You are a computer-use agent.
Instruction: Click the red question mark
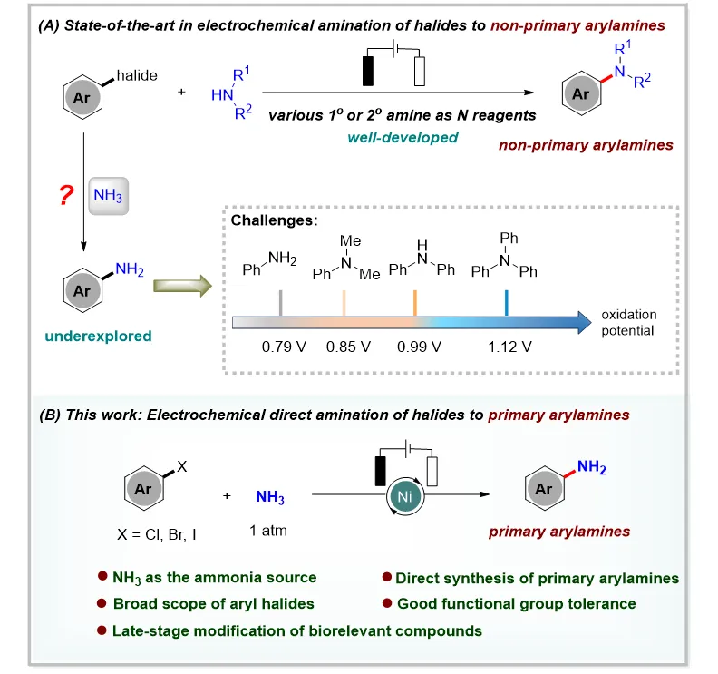coord(66,195)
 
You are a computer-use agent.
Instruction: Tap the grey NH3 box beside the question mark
coord(108,196)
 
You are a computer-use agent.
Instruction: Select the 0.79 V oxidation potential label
coord(284,347)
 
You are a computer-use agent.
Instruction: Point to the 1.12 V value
coord(509,347)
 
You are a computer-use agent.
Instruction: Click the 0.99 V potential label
coord(419,347)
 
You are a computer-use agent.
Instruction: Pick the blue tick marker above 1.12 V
coord(507,303)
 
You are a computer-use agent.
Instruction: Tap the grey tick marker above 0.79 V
coord(281,303)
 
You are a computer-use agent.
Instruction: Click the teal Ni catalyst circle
coord(405,496)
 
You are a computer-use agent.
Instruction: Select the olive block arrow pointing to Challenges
coord(182,286)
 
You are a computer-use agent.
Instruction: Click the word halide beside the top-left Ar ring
coord(137,75)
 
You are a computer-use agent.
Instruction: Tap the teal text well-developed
coord(403,138)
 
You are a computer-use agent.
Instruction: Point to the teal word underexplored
coord(98,336)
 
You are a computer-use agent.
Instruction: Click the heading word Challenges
coord(274,220)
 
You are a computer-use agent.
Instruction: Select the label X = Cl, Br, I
coord(157,534)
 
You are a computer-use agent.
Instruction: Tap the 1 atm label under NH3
coord(267,531)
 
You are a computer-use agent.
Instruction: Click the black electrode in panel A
coord(368,71)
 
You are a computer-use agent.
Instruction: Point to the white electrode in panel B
coord(432,472)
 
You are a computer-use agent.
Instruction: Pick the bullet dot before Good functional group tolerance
coord(387,603)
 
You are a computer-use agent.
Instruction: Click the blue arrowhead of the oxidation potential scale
coord(585,323)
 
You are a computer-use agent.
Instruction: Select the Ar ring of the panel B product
coord(545,488)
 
